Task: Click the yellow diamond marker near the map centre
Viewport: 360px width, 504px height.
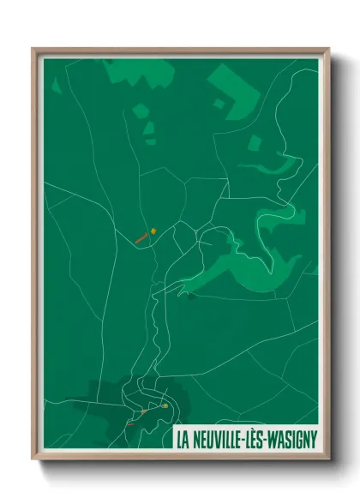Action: click(x=153, y=230)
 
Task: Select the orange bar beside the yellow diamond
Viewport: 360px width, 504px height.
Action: click(x=142, y=238)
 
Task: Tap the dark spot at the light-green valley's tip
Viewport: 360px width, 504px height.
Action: click(x=191, y=297)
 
